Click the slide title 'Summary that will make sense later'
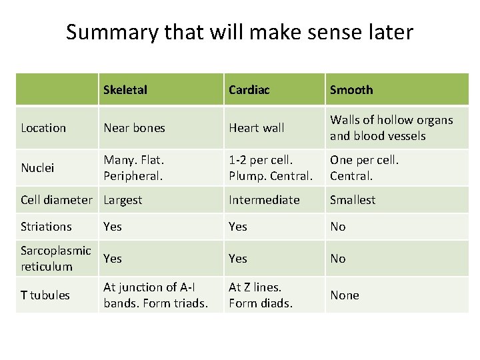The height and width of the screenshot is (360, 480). point(239,31)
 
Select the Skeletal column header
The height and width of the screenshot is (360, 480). point(125,89)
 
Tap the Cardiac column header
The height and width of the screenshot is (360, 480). point(249,89)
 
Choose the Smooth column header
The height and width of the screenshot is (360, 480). point(351,89)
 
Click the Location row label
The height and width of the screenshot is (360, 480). point(43,127)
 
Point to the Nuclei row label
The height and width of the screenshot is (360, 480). point(38,167)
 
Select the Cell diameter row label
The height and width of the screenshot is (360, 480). point(57,199)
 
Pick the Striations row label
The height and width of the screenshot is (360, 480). point(46,227)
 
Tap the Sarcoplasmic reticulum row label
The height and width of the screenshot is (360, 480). point(56,258)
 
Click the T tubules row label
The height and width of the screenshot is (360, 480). point(45,295)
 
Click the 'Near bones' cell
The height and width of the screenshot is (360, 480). point(134,127)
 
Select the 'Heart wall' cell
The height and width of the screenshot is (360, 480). point(256,127)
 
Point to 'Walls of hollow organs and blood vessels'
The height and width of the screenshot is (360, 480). point(391,127)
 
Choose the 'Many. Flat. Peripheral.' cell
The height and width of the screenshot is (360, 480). point(133,167)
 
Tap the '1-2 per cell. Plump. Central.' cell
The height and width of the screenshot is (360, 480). point(270,167)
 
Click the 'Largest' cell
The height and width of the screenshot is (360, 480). point(123,199)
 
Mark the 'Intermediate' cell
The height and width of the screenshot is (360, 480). point(264,199)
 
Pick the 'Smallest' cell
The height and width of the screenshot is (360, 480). point(353,199)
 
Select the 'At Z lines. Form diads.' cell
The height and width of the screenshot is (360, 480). point(261,295)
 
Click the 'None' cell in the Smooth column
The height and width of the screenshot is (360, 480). point(345,295)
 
